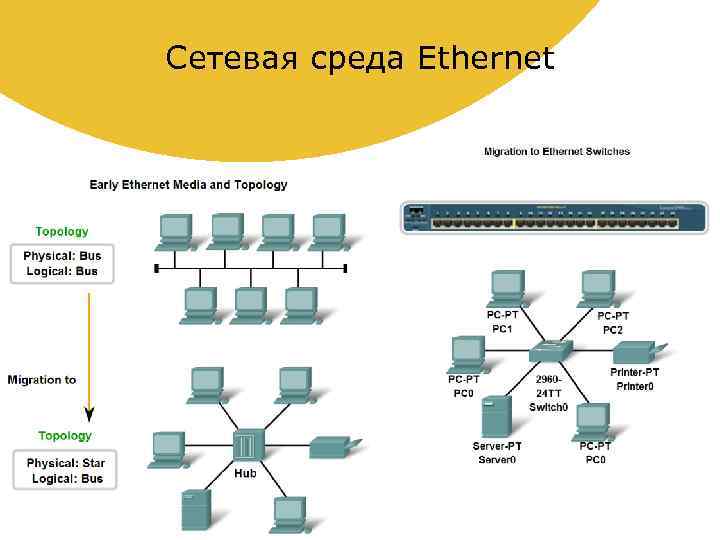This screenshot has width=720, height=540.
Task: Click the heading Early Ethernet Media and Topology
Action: (188, 185)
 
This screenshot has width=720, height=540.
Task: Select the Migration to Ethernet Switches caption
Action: (557, 152)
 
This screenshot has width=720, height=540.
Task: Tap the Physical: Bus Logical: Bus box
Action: (62, 263)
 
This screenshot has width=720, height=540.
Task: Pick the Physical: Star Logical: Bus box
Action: (65, 471)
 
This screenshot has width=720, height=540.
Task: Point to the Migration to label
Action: (42, 380)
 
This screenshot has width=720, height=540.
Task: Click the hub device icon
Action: (245, 446)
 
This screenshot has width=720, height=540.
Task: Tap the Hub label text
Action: (245, 473)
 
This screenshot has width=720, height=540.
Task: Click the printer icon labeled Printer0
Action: (633, 352)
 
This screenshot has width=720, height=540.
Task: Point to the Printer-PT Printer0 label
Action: (635, 379)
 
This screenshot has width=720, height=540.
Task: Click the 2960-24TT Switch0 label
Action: (548, 393)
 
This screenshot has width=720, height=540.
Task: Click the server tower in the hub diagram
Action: (195, 509)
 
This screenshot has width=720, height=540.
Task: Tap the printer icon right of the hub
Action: (330, 446)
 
